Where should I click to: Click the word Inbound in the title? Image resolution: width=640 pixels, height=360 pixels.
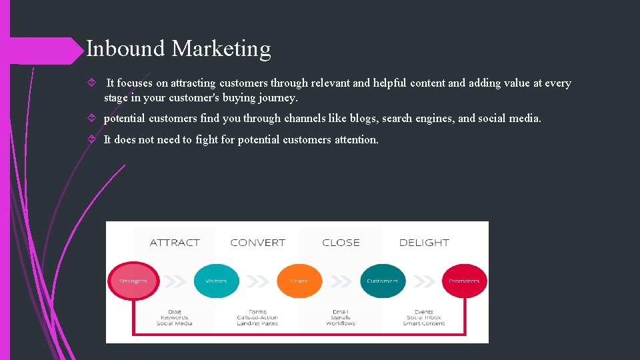(126, 49)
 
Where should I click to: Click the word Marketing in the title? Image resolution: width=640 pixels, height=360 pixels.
(221, 49)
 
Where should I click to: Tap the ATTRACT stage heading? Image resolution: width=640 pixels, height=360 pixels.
(175, 243)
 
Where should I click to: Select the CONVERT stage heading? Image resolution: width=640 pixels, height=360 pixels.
(257, 243)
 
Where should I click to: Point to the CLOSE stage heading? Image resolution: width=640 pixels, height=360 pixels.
(341, 243)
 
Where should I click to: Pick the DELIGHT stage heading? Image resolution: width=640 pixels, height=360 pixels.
(424, 243)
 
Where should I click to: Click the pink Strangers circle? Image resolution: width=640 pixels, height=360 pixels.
(133, 281)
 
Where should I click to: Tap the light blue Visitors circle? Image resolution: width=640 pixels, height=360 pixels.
(216, 281)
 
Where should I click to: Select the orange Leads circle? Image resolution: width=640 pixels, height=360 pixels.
(299, 281)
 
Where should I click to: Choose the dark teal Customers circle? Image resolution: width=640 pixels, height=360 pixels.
(382, 281)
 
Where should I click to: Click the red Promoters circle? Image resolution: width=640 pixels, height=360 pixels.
(464, 281)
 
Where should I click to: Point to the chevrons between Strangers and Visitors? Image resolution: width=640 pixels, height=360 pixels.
(175, 281)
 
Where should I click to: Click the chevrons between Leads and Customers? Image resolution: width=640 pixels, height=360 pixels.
(341, 281)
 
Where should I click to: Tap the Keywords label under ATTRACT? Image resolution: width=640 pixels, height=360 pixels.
(175, 317)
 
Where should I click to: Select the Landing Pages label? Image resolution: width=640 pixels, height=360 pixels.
(257, 323)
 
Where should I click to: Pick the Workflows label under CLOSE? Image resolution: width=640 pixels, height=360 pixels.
(341, 323)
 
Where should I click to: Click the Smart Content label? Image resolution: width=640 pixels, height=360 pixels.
(424, 323)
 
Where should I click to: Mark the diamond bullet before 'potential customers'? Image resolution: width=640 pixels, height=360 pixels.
(92, 119)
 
